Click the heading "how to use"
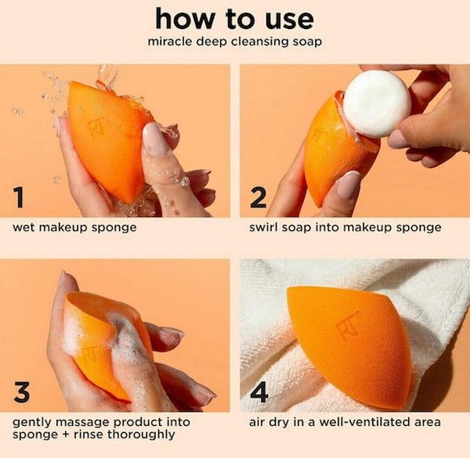point(234,19)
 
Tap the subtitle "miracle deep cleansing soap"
point(235,41)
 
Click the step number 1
point(19,197)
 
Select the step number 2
point(258,197)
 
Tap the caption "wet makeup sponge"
point(74,228)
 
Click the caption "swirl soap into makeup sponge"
point(345,228)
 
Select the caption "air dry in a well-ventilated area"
point(345,422)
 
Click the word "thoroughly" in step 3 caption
point(141,435)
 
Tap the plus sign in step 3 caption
point(66,435)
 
